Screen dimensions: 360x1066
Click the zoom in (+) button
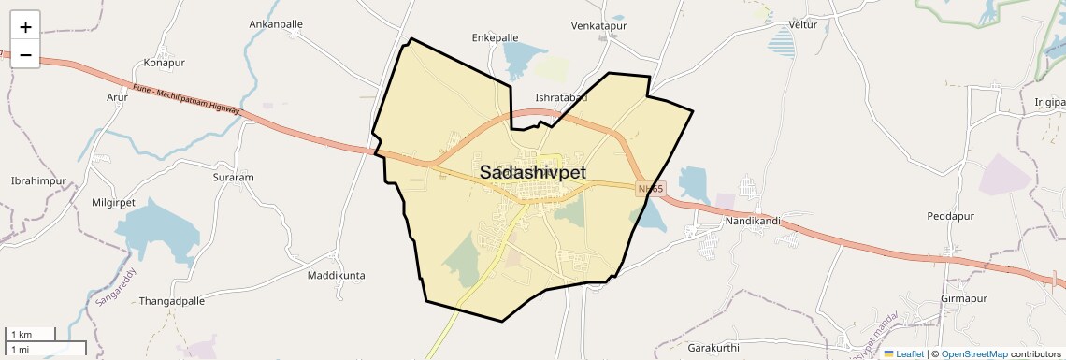pyautogui.click(x=25, y=26)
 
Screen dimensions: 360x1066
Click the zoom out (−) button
pyautogui.click(x=25, y=54)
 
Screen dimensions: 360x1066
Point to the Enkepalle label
pyautogui.click(x=495, y=38)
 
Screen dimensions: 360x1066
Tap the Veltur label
pyautogui.click(x=802, y=24)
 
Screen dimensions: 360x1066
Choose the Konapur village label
pyautogui.click(x=165, y=63)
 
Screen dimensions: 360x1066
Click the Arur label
pyautogui.click(x=117, y=96)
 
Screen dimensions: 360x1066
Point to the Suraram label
pyautogui.click(x=233, y=177)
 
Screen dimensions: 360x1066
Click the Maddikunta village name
pyautogui.click(x=337, y=276)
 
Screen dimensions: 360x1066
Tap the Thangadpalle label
pyautogui.click(x=171, y=302)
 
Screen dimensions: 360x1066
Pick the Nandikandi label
pyautogui.click(x=753, y=222)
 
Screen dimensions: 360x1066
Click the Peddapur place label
pyautogui.click(x=950, y=216)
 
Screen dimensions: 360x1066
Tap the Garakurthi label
pyautogui.click(x=713, y=348)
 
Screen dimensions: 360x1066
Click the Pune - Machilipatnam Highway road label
pyautogui.click(x=186, y=100)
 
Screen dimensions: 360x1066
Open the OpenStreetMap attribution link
pyautogui.click(x=973, y=354)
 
